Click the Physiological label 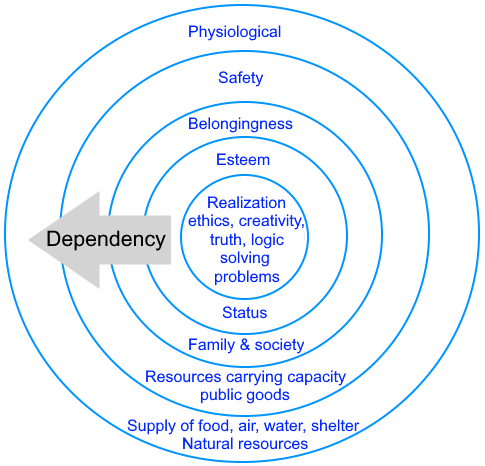tap(234, 32)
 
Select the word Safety tap(241, 78)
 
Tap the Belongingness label tap(240, 124)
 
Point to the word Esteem tap(243, 160)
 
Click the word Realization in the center tap(246, 203)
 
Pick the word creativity tap(272, 221)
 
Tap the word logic tap(267, 240)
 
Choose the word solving tap(245, 259)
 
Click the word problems tap(247, 277)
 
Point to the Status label tap(245, 313)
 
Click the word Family tap(212, 345)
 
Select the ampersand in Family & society tap(245, 345)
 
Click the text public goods tap(245, 395)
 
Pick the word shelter tap(335, 426)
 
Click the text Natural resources tap(245, 444)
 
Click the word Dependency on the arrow tap(106, 239)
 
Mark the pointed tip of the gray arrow tap(29, 240)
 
